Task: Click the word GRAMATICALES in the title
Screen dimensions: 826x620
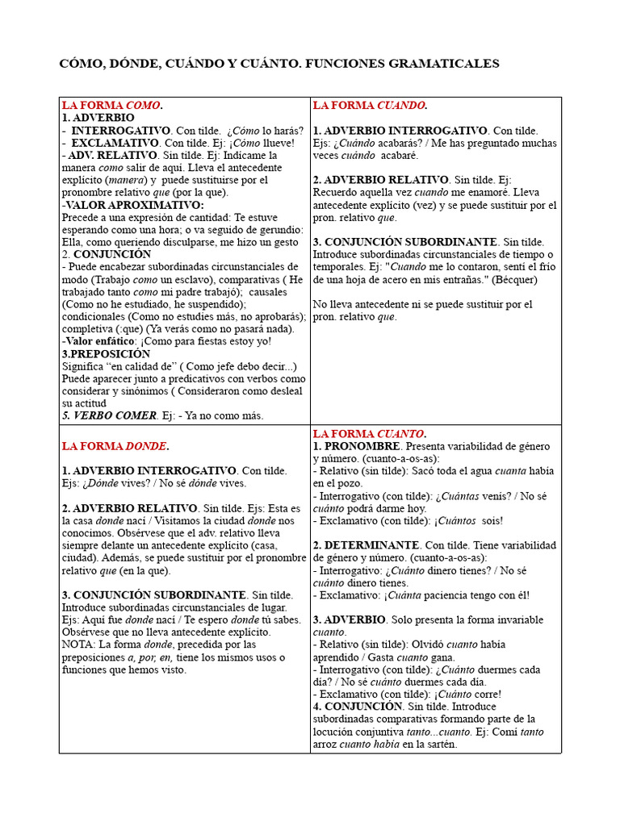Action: (x=450, y=63)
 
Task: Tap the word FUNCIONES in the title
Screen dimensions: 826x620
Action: (x=353, y=63)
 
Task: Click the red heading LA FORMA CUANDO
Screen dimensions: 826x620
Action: (x=370, y=106)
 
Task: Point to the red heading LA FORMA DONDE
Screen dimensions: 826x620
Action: (x=115, y=445)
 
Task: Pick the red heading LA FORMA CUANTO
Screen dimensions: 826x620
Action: (x=370, y=433)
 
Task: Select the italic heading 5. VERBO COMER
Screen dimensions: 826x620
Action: (x=110, y=415)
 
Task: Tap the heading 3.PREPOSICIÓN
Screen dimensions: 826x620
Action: (x=106, y=353)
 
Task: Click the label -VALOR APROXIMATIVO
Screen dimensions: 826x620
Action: (x=121, y=205)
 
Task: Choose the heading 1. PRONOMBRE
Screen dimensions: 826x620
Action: (x=356, y=446)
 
